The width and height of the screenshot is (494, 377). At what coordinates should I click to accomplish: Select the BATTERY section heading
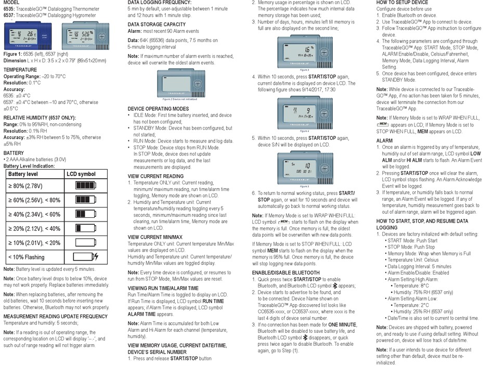click(x=15, y=152)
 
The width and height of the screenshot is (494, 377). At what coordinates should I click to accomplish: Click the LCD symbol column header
click(x=81, y=173)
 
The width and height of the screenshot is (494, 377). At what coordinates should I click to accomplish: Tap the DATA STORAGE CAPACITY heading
click(x=158, y=24)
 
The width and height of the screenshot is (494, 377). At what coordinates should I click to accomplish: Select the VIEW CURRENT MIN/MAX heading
click(x=159, y=237)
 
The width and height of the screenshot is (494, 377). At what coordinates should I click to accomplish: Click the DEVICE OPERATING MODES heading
click(x=159, y=108)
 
